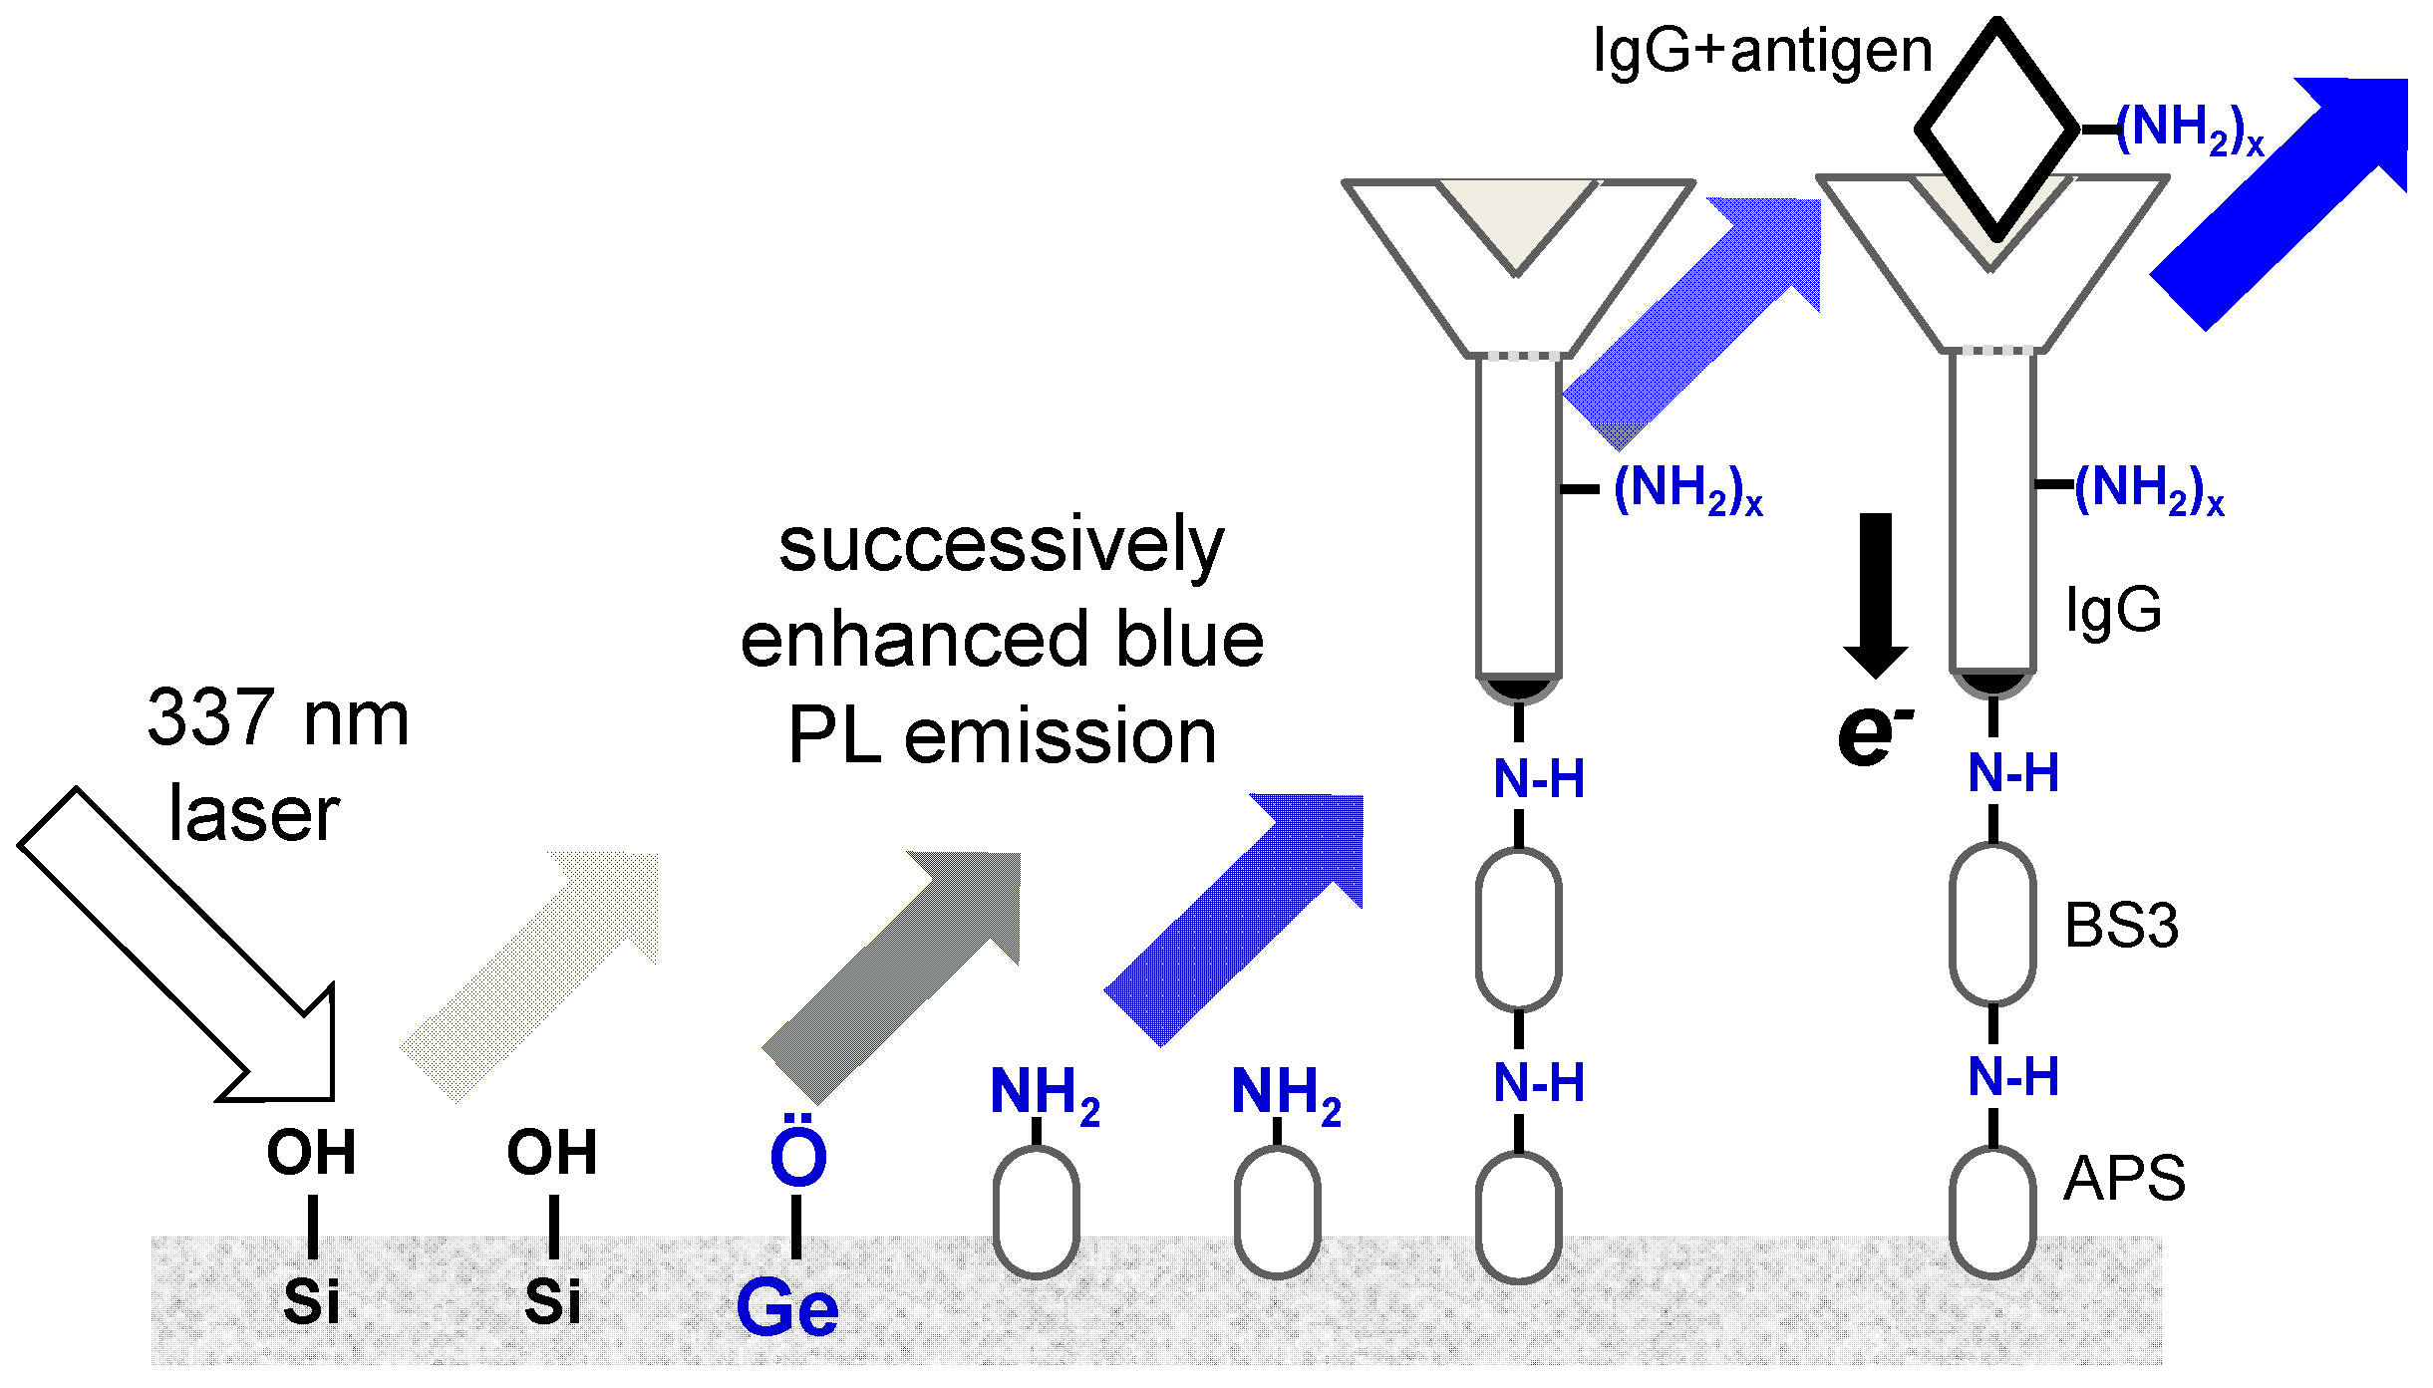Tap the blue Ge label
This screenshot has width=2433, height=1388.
(x=787, y=1307)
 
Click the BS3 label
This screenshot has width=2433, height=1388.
(x=2121, y=925)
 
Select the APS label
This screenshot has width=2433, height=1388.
(x=2124, y=1178)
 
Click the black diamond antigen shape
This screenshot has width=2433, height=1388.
(x=1996, y=130)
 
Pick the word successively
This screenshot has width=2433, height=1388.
(x=1001, y=545)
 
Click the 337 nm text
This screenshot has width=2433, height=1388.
(x=278, y=717)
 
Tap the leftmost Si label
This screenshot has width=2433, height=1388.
(x=312, y=1300)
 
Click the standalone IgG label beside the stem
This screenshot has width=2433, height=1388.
(x=2114, y=610)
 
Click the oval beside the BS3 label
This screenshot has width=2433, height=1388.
(x=1991, y=924)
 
